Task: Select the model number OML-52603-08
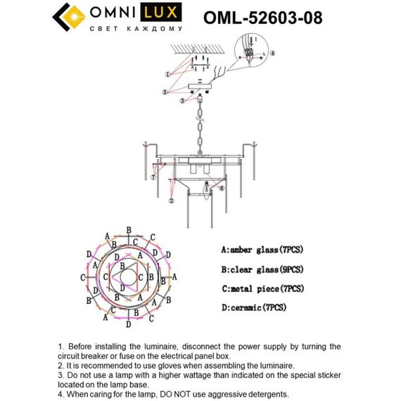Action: (x=262, y=17)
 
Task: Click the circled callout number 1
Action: (x=168, y=74)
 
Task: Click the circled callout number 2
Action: (x=171, y=200)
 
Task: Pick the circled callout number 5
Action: (x=165, y=92)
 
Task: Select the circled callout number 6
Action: (x=221, y=189)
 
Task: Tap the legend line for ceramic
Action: (x=253, y=308)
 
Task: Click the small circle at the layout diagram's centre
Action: (x=129, y=276)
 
